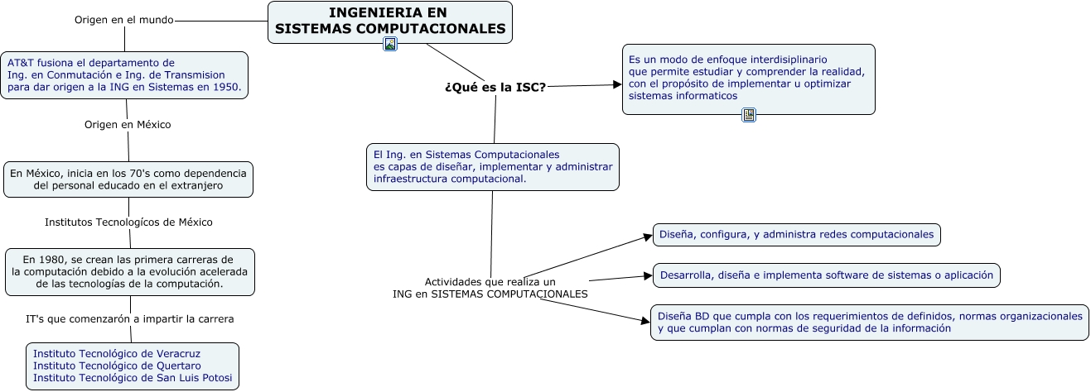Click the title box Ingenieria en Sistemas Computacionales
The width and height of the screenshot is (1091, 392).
(389, 22)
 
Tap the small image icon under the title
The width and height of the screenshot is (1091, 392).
(390, 44)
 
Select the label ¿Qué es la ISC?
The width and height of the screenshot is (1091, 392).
(495, 88)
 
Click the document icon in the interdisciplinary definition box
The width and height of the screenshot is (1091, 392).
(749, 115)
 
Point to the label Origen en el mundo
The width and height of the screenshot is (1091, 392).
(123, 20)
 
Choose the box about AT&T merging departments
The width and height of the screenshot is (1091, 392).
(124, 74)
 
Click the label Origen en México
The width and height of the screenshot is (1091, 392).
(128, 124)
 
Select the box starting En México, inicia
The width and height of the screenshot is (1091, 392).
(128, 179)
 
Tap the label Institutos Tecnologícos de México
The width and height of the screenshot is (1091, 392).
(128, 222)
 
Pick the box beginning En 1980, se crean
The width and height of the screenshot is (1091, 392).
(129, 271)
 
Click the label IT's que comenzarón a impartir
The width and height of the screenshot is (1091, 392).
(130, 318)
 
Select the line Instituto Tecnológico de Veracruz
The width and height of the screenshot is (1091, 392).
(117, 353)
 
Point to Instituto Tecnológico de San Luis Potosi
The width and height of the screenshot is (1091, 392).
(133, 378)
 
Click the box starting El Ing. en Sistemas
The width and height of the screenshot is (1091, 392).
(493, 166)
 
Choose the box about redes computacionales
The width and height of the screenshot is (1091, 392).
(796, 234)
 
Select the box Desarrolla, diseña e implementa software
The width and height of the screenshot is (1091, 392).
(826, 275)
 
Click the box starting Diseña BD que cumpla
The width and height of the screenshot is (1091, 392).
(870, 322)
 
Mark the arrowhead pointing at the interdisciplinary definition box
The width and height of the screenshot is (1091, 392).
(616, 84)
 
